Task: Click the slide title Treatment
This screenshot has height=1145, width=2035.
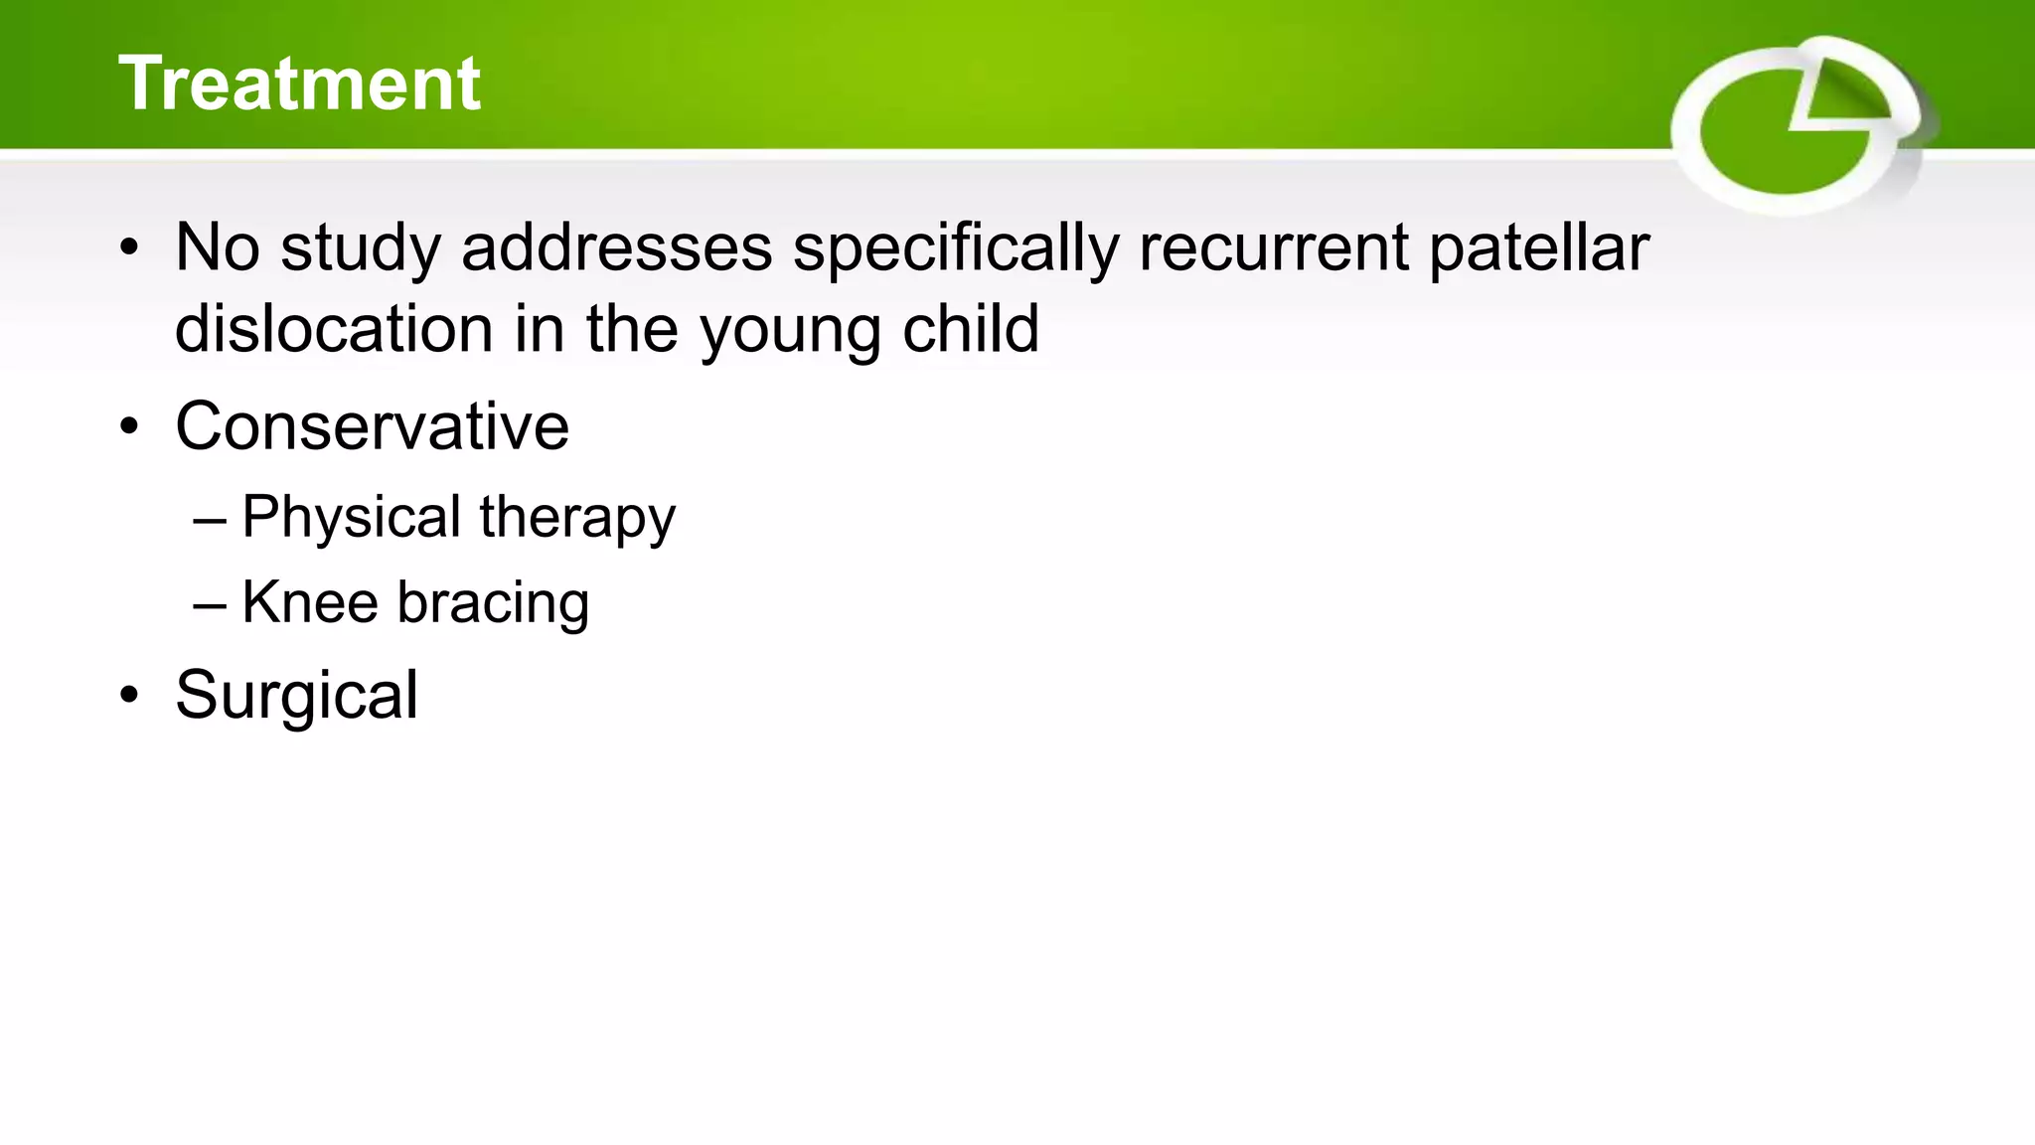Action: click(x=299, y=83)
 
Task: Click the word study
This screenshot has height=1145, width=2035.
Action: click(x=360, y=247)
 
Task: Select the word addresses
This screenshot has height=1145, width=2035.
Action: click(x=616, y=247)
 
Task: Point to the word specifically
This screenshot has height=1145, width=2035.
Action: click(x=955, y=247)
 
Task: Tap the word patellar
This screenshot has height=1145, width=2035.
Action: click(x=1538, y=247)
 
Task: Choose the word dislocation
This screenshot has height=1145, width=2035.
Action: click(x=334, y=329)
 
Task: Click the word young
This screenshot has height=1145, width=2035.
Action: click(x=790, y=331)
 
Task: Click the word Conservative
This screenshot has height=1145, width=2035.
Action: click(x=372, y=426)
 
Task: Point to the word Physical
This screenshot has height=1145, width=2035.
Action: click(x=351, y=518)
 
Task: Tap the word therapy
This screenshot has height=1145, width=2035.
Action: click(x=576, y=518)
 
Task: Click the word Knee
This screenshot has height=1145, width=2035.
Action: click(x=310, y=602)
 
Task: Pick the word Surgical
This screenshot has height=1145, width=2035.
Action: click(x=296, y=695)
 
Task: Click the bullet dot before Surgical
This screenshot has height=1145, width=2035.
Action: click(x=129, y=696)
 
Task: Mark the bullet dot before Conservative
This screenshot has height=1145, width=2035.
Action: click(x=129, y=427)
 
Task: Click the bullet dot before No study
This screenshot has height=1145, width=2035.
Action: click(x=129, y=248)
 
